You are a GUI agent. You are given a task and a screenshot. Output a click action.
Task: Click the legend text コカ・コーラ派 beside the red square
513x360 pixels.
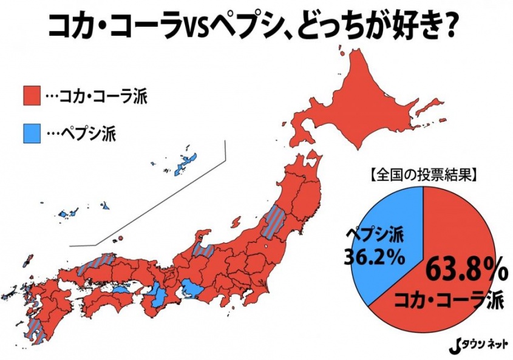[97, 95]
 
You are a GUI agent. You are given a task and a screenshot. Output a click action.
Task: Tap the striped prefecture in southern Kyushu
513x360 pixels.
[36, 328]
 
